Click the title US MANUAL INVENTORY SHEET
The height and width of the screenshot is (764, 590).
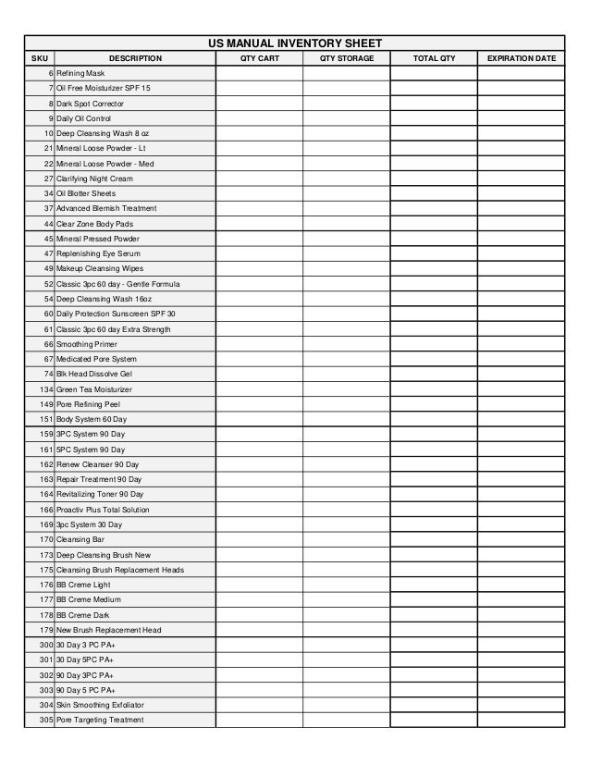pos(294,43)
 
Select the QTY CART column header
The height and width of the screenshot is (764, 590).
pos(259,58)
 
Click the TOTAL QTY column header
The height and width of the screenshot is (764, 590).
pos(434,58)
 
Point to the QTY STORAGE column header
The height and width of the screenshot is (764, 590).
pos(347,58)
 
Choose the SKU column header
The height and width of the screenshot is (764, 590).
pos(39,58)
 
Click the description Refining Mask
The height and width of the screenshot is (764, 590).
pos(80,73)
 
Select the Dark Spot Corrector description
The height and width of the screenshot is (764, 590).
pos(90,103)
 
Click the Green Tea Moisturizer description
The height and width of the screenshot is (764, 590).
pos(94,389)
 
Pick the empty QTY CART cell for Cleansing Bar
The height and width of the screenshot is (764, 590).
pos(259,539)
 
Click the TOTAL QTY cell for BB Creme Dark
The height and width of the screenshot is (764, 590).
pos(434,615)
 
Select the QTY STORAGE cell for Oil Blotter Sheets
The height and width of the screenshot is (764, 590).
pos(347,193)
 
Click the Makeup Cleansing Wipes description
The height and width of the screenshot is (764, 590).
pos(99,268)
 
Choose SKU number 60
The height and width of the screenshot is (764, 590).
pos(47,314)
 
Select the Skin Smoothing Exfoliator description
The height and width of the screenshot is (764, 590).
pos(102,706)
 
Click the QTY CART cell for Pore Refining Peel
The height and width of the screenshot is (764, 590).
pos(259,404)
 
